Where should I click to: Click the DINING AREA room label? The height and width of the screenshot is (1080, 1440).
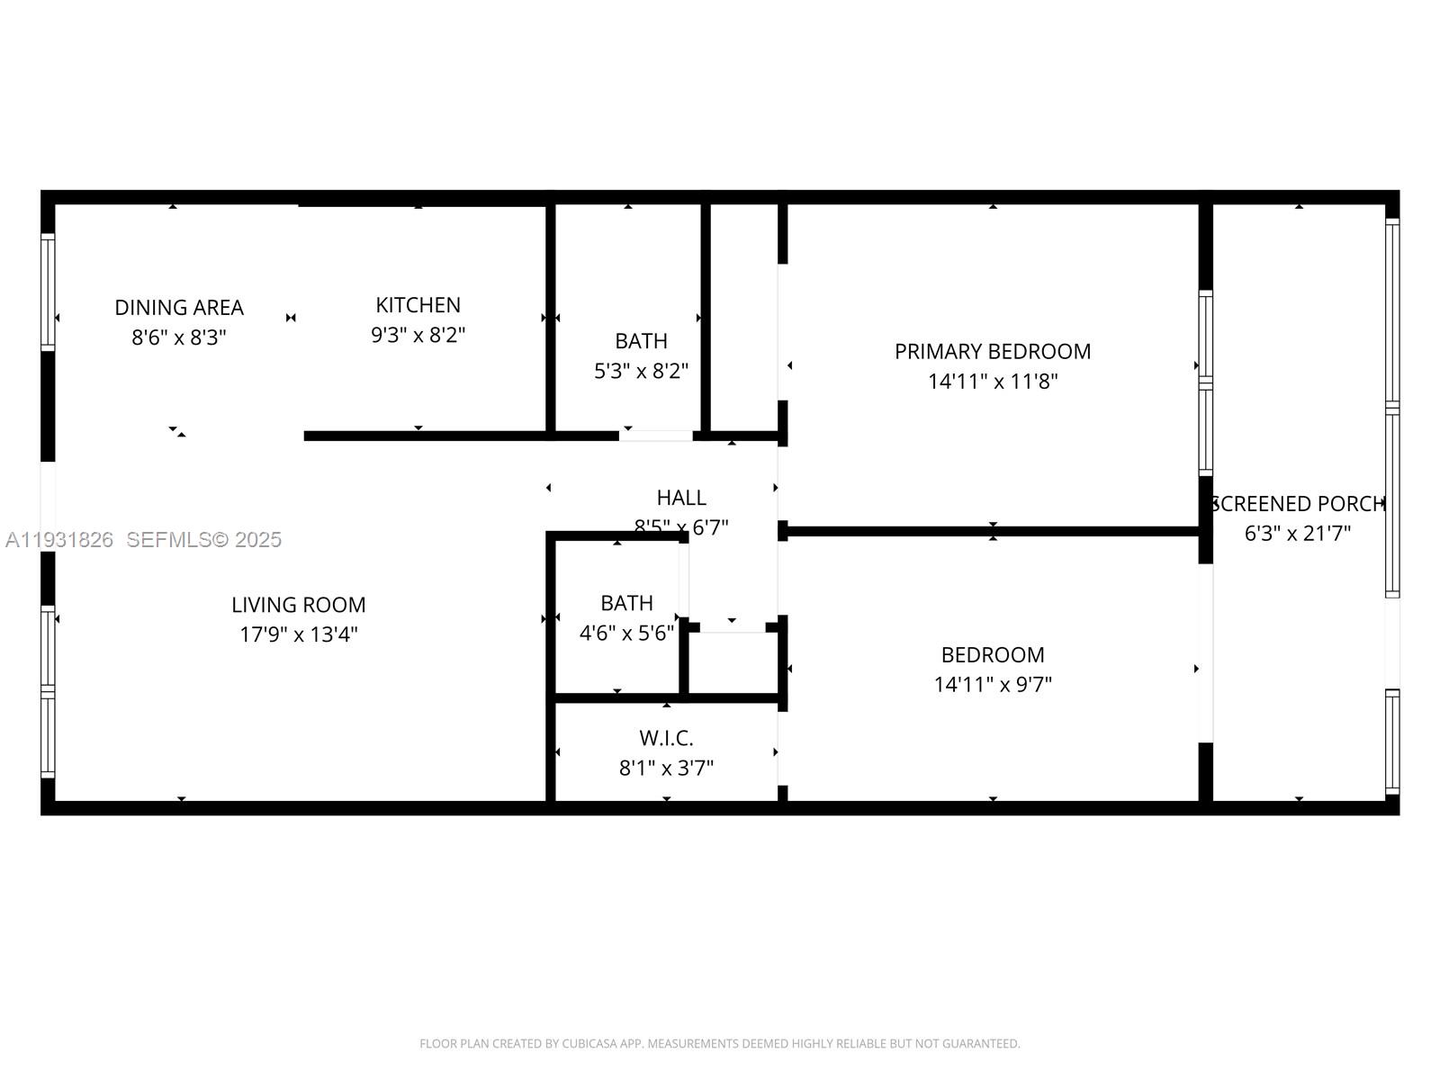179,308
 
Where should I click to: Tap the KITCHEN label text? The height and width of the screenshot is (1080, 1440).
418,305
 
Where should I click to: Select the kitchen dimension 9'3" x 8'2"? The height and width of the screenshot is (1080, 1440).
418,336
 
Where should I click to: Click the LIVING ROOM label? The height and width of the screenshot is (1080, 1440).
298,605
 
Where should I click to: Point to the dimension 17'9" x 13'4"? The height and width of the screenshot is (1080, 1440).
298,634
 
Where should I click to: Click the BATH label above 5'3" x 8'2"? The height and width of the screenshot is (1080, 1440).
641,341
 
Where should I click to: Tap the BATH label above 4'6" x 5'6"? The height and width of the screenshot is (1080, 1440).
626,603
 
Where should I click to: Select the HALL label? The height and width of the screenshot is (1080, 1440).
681,498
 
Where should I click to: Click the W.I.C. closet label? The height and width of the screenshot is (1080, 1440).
666,739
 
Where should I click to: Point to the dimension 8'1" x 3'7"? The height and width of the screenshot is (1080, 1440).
666,769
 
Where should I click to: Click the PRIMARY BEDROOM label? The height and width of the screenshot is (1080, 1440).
992,352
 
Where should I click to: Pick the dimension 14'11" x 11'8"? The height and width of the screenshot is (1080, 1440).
992,382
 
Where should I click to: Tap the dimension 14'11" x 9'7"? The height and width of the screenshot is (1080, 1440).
992,685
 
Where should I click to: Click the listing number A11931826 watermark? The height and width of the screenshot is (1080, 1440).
59,540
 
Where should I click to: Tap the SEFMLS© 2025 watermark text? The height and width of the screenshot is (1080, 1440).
203,540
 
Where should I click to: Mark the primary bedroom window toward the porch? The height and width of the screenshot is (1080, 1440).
1205,382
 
